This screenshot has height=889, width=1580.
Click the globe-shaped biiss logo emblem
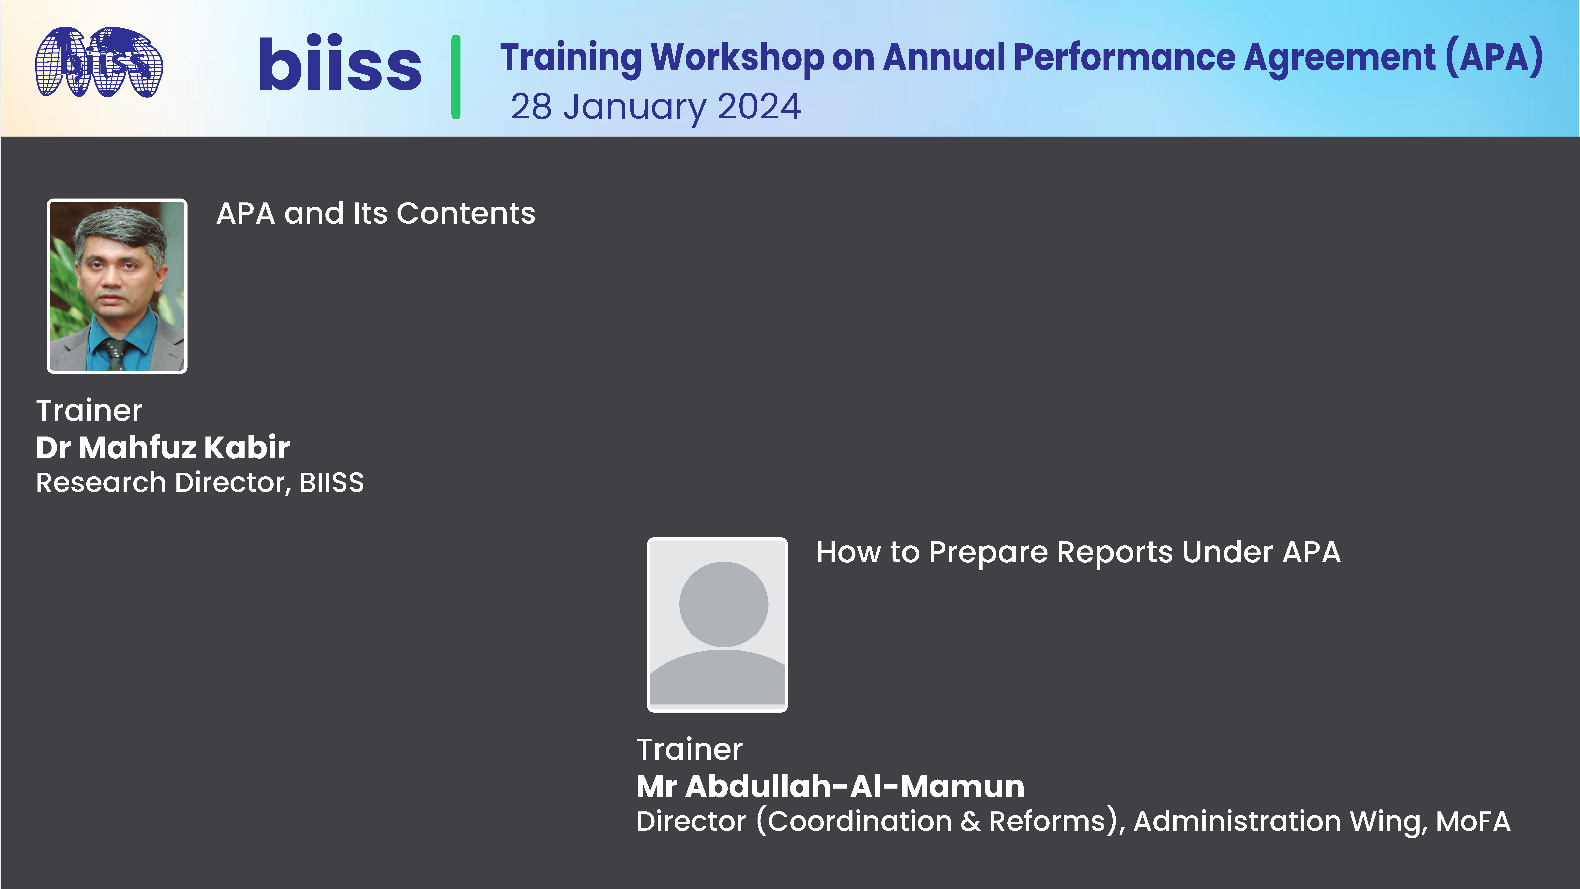(x=99, y=62)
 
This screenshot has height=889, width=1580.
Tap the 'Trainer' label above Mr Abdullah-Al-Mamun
(x=689, y=749)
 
